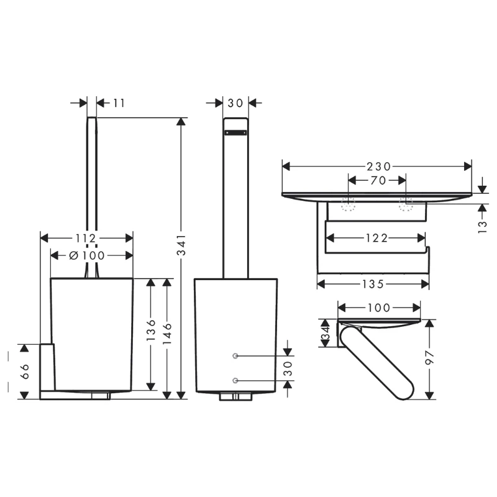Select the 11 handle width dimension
tap(119, 103)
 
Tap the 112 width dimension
tap(86, 238)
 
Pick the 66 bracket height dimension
tap(25, 372)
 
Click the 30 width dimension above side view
tap(235, 103)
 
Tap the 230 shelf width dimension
tap(378, 166)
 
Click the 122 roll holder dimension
tap(376, 238)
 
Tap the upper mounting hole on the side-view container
tap(235, 356)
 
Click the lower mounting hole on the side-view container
tap(235, 380)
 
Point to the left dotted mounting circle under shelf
tap(349, 203)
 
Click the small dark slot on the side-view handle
tap(235, 132)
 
